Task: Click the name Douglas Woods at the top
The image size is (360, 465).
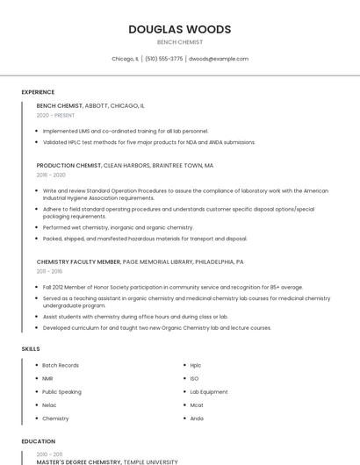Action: (x=179, y=29)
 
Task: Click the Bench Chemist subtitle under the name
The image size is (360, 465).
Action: (x=179, y=42)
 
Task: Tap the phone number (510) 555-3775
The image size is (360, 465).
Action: (x=163, y=59)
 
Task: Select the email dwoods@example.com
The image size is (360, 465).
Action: (x=219, y=59)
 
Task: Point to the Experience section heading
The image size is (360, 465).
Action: (x=38, y=92)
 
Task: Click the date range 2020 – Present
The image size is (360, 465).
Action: (x=55, y=115)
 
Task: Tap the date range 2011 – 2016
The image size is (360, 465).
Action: (x=50, y=272)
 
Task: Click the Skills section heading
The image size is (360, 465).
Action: (x=30, y=349)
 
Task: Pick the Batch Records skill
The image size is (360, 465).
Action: (x=61, y=365)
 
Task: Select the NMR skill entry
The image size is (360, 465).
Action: (x=47, y=378)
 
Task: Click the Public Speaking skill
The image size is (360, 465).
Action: (x=61, y=391)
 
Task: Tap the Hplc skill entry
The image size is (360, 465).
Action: (x=196, y=365)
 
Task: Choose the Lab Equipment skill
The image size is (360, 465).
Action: (x=208, y=391)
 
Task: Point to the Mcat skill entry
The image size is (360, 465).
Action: (x=197, y=405)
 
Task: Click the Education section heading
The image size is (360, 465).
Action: (x=38, y=441)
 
